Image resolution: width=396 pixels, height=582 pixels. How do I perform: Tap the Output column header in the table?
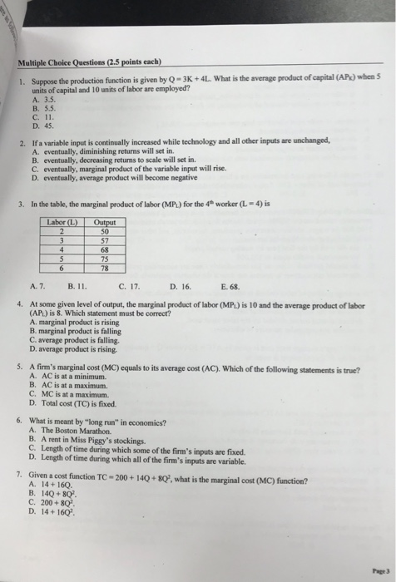[x=105, y=222]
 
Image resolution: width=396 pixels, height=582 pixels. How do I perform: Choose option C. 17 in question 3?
[x=128, y=286]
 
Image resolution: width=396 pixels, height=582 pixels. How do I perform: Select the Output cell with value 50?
[x=104, y=230]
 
